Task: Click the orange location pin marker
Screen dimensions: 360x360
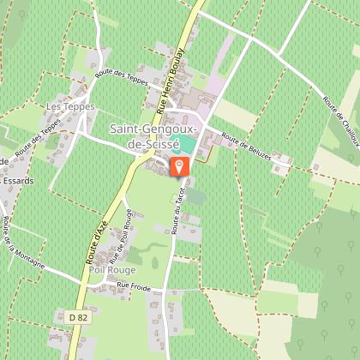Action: coord(180,166)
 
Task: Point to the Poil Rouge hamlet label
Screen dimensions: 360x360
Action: coord(107,269)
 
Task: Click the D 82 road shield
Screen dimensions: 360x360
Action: coord(77,316)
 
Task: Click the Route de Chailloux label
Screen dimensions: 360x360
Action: coord(339,113)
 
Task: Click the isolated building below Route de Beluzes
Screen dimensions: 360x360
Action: coord(279,165)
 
